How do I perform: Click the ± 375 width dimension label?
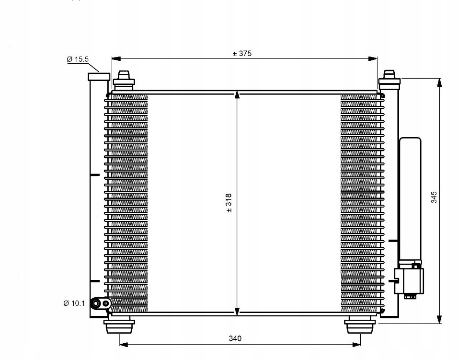(x=242, y=54)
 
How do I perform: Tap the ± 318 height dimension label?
(x=229, y=203)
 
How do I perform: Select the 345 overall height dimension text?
(x=434, y=197)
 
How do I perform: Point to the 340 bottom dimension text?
(x=235, y=338)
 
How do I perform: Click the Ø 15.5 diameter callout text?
(x=78, y=59)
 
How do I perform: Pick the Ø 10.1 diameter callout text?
(x=74, y=303)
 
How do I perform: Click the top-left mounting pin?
(x=124, y=80)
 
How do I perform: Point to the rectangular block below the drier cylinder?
(x=409, y=281)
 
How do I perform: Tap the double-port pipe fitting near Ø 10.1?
(x=101, y=304)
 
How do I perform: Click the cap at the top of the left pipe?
(x=99, y=77)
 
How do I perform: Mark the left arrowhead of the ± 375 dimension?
(x=116, y=59)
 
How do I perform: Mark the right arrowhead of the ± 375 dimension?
(x=373, y=59)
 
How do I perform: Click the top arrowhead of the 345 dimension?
(x=439, y=83)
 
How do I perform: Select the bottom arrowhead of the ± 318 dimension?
(x=237, y=312)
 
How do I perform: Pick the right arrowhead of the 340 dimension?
(x=356, y=345)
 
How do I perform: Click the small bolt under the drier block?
(x=410, y=297)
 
